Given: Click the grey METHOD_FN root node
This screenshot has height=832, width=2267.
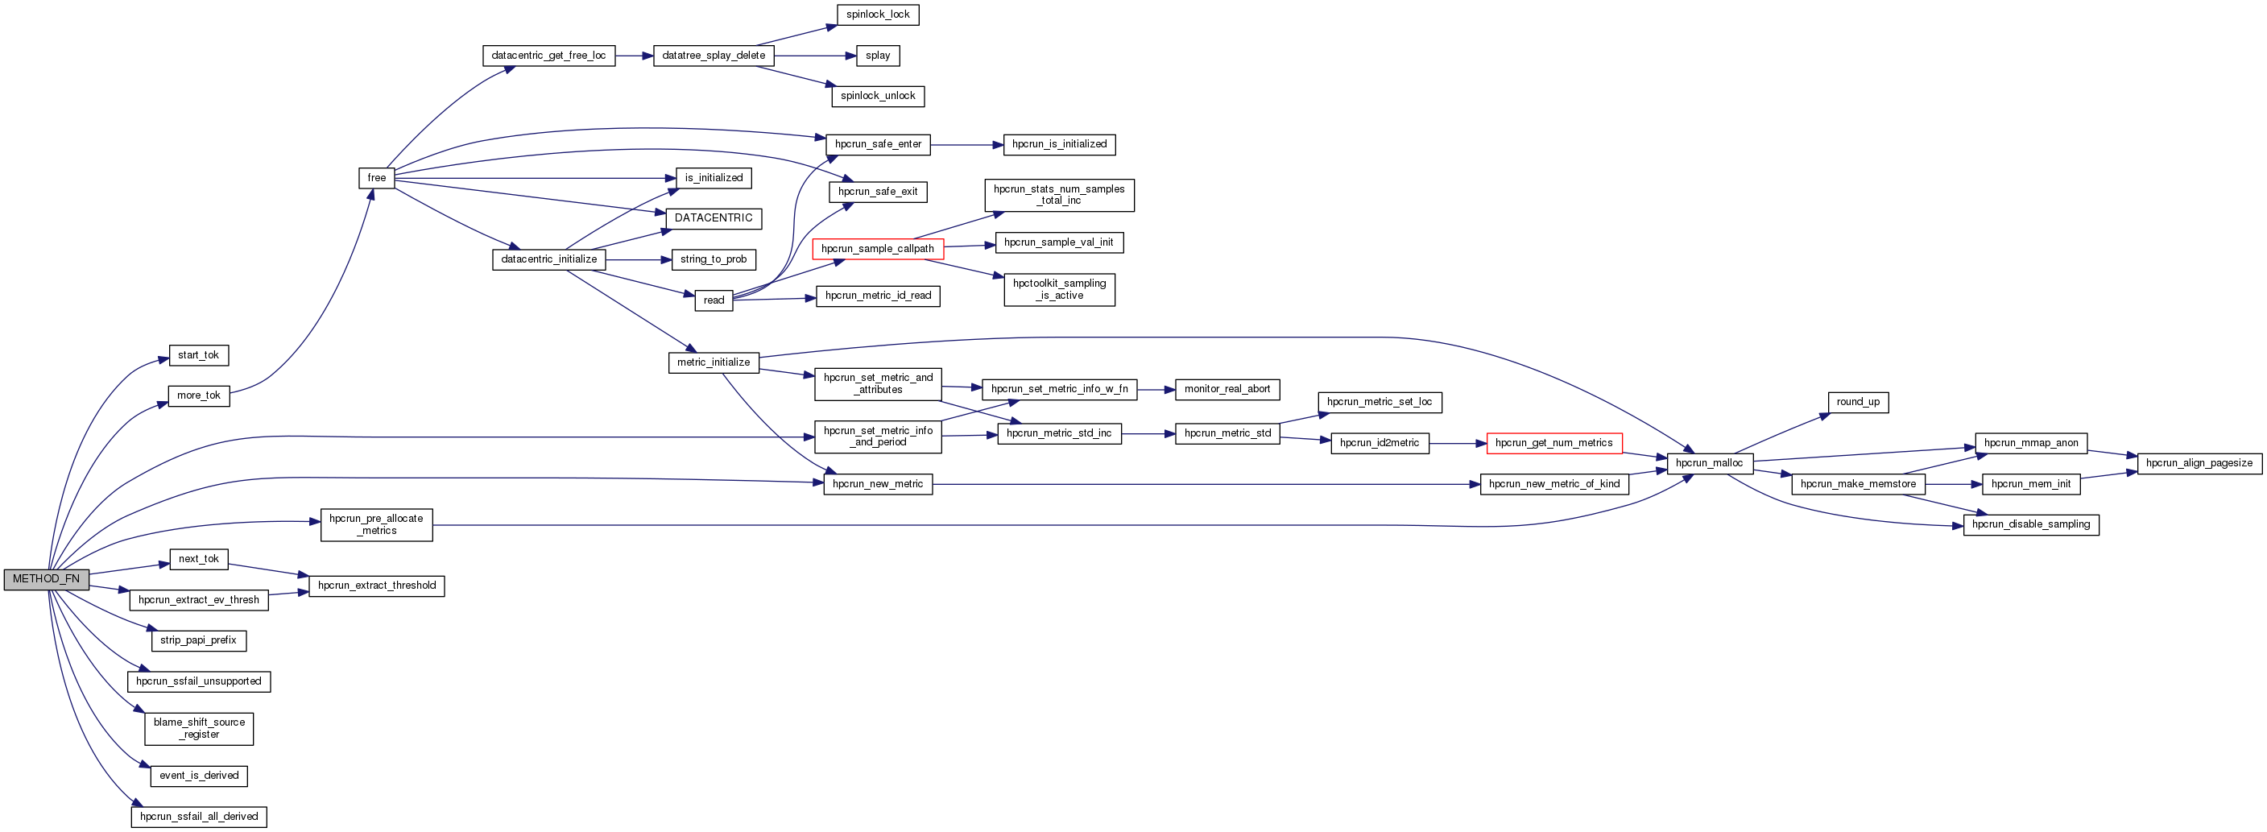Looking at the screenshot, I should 46,579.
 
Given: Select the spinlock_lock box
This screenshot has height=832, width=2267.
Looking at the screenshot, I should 878,15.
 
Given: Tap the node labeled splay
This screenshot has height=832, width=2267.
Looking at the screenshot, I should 878,56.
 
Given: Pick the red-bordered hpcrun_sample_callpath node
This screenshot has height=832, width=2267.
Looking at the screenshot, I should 878,249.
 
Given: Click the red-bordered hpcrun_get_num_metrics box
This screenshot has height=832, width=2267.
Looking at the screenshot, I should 1553,444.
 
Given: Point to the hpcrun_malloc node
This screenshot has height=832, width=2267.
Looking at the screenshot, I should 1709,463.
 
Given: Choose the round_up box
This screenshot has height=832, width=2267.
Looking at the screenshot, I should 1858,403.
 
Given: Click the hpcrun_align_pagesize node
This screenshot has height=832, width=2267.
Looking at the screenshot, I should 2199,463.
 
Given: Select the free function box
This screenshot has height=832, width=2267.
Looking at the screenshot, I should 377,178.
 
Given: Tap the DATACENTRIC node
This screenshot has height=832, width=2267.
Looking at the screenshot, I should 713,218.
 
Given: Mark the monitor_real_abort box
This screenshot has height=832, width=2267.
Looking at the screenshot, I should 1227,389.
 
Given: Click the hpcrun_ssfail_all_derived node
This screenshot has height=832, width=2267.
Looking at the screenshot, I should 199,817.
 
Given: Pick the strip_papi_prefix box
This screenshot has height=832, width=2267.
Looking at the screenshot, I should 198,641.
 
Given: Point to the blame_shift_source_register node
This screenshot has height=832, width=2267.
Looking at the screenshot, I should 199,729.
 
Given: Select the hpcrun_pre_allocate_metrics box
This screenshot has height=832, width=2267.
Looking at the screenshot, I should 376,525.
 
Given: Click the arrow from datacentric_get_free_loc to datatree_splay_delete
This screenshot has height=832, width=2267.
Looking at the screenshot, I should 634,56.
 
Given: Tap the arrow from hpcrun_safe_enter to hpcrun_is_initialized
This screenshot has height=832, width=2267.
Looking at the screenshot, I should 966,145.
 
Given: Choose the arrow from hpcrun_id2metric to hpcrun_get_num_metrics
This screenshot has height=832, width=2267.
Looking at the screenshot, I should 1458,444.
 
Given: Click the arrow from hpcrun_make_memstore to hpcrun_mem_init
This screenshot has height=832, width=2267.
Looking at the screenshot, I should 1953,484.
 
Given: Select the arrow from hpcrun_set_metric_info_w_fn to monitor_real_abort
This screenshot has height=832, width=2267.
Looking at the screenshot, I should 1156,389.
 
